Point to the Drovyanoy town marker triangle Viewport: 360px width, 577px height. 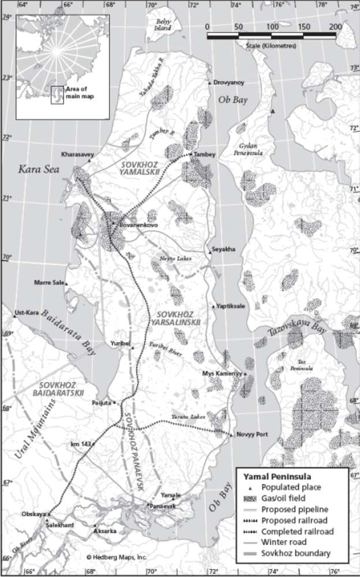[210, 83]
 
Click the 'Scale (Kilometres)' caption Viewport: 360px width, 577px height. [271, 44]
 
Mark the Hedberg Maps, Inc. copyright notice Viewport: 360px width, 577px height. [117, 558]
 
